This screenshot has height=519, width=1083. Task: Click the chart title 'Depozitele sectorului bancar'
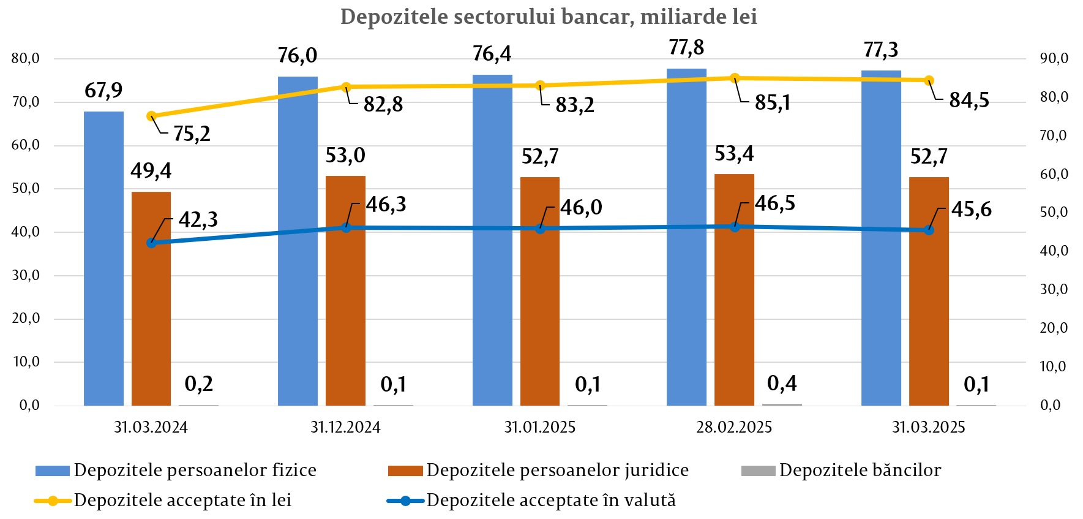tap(549, 17)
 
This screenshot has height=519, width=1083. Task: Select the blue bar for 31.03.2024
tap(103, 257)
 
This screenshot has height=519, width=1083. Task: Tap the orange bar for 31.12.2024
tap(345, 291)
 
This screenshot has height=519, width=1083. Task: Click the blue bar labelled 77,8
tap(686, 236)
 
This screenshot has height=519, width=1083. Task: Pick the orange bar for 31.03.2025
tap(929, 291)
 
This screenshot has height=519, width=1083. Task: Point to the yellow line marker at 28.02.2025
tap(735, 78)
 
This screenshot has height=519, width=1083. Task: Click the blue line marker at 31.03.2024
tap(151, 243)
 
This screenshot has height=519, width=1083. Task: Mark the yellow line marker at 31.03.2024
tap(151, 116)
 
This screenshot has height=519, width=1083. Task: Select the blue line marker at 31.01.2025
tap(540, 229)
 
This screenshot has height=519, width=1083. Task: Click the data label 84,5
tap(969, 100)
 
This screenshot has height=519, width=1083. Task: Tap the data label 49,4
tap(151, 170)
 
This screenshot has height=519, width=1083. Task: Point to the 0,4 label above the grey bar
tap(782, 384)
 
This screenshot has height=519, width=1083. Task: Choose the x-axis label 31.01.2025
tap(540, 427)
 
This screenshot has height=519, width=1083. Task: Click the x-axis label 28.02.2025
tap(734, 427)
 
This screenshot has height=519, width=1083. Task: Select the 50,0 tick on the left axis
tap(25, 189)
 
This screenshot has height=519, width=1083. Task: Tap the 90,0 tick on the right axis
tap(1054, 59)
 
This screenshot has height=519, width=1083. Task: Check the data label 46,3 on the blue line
tap(386, 204)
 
